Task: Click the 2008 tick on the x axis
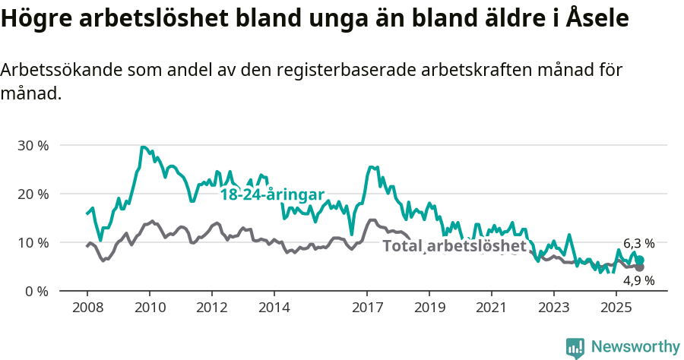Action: coord(87,308)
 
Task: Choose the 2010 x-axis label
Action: coord(149,308)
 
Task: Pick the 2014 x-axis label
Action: coord(274,308)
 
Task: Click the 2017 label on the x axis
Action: coord(367,308)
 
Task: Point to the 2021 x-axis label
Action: coord(491,308)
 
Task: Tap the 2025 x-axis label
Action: coord(616,308)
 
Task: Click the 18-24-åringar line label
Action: coord(272,194)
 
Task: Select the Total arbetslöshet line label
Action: coord(454,246)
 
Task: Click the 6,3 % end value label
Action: coord(638,244)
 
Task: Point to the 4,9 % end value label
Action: coord(638,280)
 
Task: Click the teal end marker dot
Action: coord(640,260)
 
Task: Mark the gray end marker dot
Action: coord(640,267)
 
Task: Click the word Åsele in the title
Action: coord(598,18)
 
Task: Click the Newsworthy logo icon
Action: coord(575,347)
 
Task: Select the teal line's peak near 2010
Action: coord(143,147)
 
